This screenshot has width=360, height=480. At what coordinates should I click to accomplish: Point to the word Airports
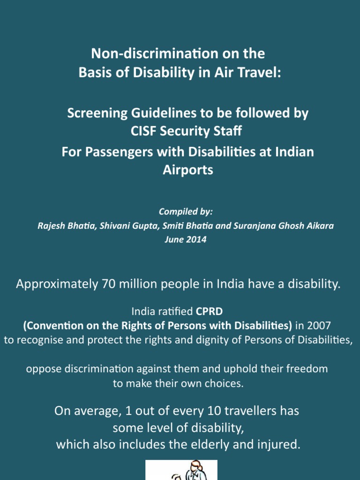tap(187, 170)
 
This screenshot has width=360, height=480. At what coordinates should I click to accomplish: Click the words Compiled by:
tap(180, 212)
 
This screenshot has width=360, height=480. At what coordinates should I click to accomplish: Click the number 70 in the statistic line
tap(108, 284)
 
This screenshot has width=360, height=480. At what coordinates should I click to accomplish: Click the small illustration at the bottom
tap(181, 470)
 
